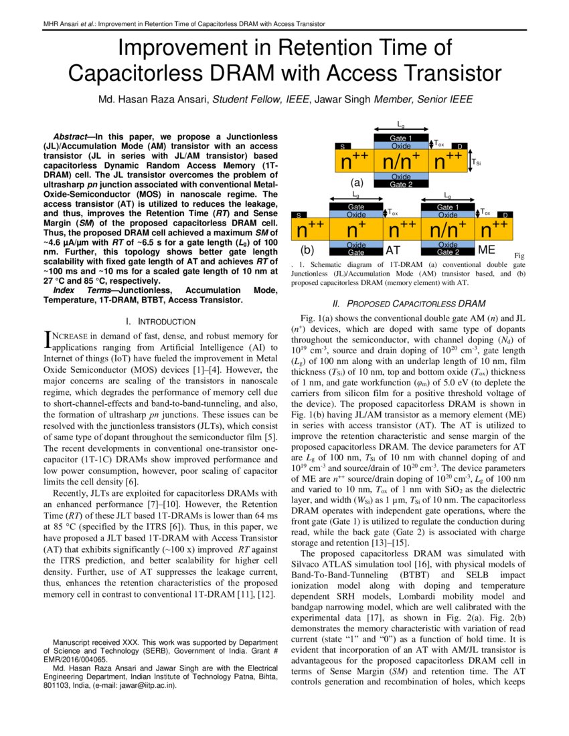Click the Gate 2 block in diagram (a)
(x=400, y=184)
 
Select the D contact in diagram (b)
(x=506, y=215)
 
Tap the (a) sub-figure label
(x=357, y=181)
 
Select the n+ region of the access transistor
(x=356, y=229)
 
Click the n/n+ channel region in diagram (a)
(x=400, y=162)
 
